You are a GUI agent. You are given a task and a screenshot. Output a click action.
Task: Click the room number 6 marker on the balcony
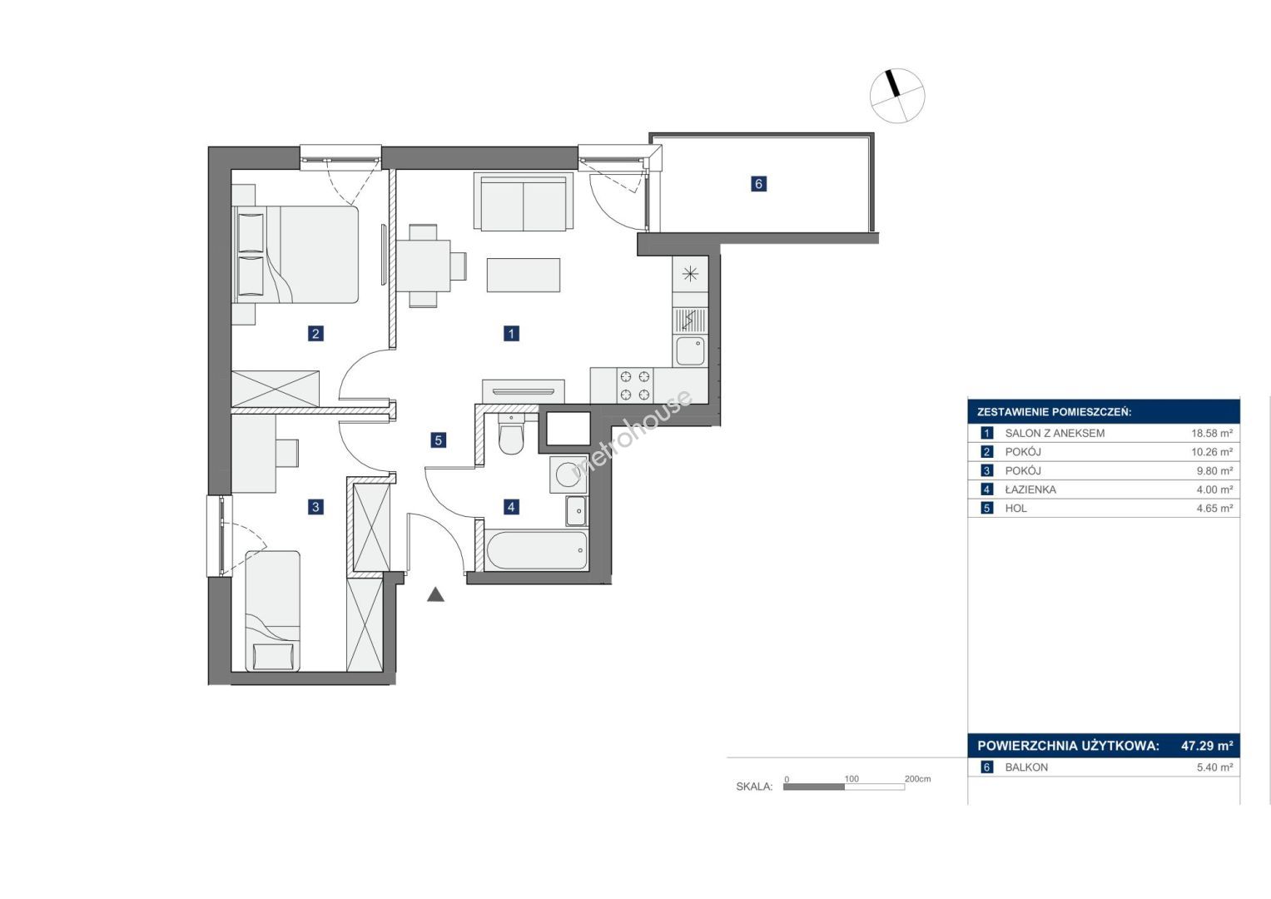(x=758, y=184)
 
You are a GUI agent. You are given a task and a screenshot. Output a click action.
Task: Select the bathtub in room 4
(x=537, y=550)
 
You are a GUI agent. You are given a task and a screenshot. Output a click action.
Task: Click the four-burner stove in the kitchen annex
(x=635, y=385)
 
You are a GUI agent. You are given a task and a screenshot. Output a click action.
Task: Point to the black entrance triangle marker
(x=435, y=594)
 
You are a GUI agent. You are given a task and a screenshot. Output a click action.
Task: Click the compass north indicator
(x=895, y=83)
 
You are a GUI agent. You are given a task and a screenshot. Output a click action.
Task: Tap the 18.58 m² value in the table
(x=1212, y=433)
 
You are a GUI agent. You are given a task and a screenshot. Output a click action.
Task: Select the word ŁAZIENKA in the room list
(x=1030, y=489)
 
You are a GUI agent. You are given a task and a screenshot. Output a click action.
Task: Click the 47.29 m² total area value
(x=1207, y=746)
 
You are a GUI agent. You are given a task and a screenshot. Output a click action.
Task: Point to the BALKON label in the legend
(x=1026, y=767)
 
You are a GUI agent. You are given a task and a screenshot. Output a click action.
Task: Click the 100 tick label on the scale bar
(x=851, y=778)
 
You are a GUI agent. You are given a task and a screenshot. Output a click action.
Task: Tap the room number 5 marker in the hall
(x=438, y=440)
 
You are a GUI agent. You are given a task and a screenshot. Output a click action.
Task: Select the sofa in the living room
(x=524, y=202)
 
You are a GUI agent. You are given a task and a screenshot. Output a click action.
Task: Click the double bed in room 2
(x=295, y=254)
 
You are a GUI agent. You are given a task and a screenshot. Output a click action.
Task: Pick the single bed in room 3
(x=273, y=611)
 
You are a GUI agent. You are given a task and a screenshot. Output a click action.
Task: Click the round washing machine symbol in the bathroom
(x=568, y=474)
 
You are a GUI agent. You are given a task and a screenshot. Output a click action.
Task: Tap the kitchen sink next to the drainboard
(x=690, y=350)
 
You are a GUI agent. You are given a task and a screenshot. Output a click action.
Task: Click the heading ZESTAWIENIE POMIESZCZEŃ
(x=1055, y=413)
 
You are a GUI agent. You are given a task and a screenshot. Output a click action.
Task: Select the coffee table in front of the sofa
(x=524, y=276)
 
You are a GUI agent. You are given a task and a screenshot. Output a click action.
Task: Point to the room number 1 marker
(x=511, y=333)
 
